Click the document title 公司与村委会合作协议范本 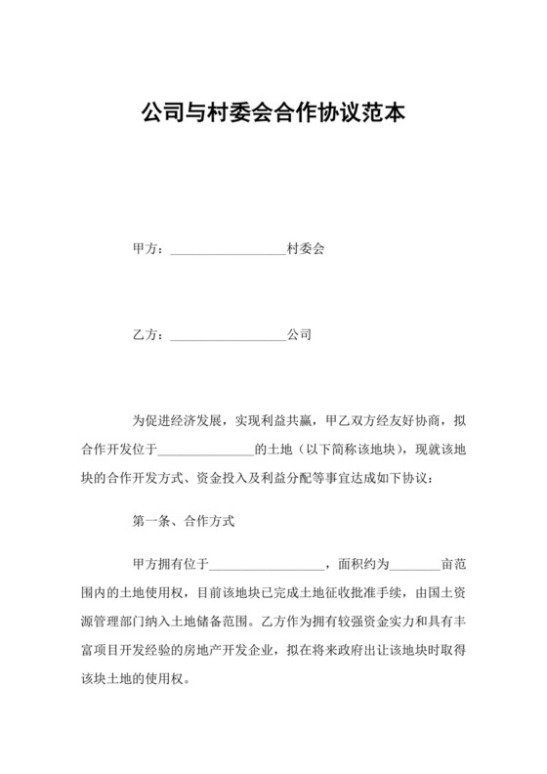pos(273,112)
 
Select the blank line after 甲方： pos(228,252)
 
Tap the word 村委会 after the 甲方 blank pos(306,250)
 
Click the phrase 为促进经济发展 pos(176,422)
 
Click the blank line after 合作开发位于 pos(204,452)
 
